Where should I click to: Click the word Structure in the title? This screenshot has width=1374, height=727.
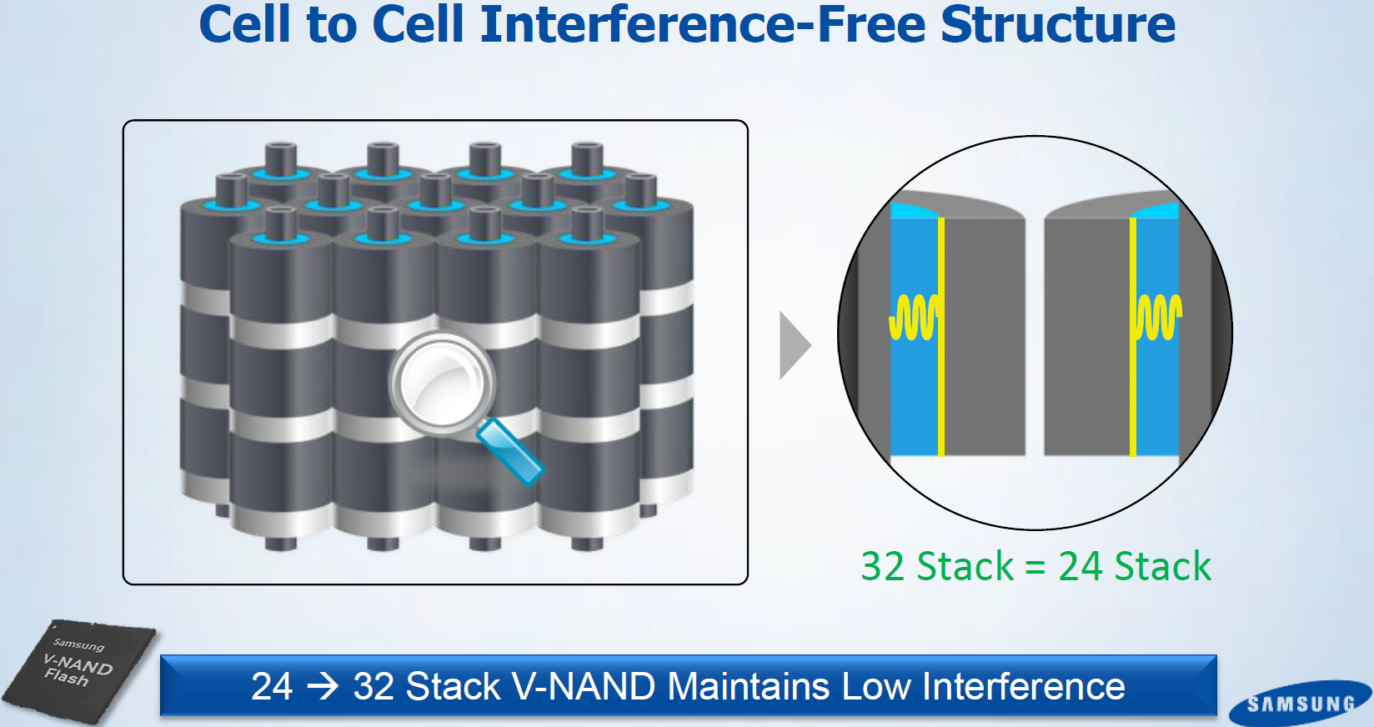coord(1057,24)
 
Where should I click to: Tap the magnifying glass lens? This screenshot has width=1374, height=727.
coord(441,383)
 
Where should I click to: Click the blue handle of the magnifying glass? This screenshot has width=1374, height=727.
coord(510,451)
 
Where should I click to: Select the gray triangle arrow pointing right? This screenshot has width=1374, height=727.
coord(793,345)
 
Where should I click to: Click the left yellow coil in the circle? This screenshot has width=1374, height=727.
coord(914,317)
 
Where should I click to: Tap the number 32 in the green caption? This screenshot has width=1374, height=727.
coord(882,566)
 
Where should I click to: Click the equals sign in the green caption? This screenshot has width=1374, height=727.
coord(1035,568)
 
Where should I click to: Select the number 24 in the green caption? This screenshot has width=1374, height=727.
coord(1081,566)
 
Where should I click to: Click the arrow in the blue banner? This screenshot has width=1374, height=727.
coord(323,686)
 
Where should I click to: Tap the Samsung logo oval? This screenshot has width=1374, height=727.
coord(1300,704)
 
